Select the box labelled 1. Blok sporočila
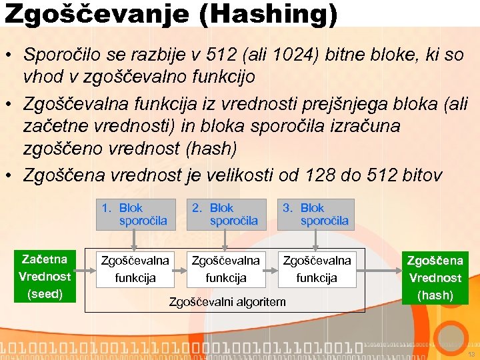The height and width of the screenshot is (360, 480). point(135,214)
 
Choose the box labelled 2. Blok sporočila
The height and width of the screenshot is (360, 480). point(225,214)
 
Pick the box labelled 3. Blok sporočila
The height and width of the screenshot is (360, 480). point(316,214)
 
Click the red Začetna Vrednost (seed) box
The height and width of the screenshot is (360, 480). point(44,276)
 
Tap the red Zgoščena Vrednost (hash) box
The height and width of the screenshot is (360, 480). point(435,277)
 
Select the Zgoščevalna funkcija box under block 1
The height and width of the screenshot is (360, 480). point(135,269)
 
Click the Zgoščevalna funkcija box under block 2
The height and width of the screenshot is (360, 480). point(225,269)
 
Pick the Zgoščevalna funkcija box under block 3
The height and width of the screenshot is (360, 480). point(316,269)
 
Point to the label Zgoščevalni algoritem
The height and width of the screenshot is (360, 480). point(227,302)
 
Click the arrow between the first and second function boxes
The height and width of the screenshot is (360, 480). point(180,269)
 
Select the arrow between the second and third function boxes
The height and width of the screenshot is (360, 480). point(271,269)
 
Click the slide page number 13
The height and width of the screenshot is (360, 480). point(470,354)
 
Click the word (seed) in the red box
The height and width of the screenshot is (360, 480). point(44,293)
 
